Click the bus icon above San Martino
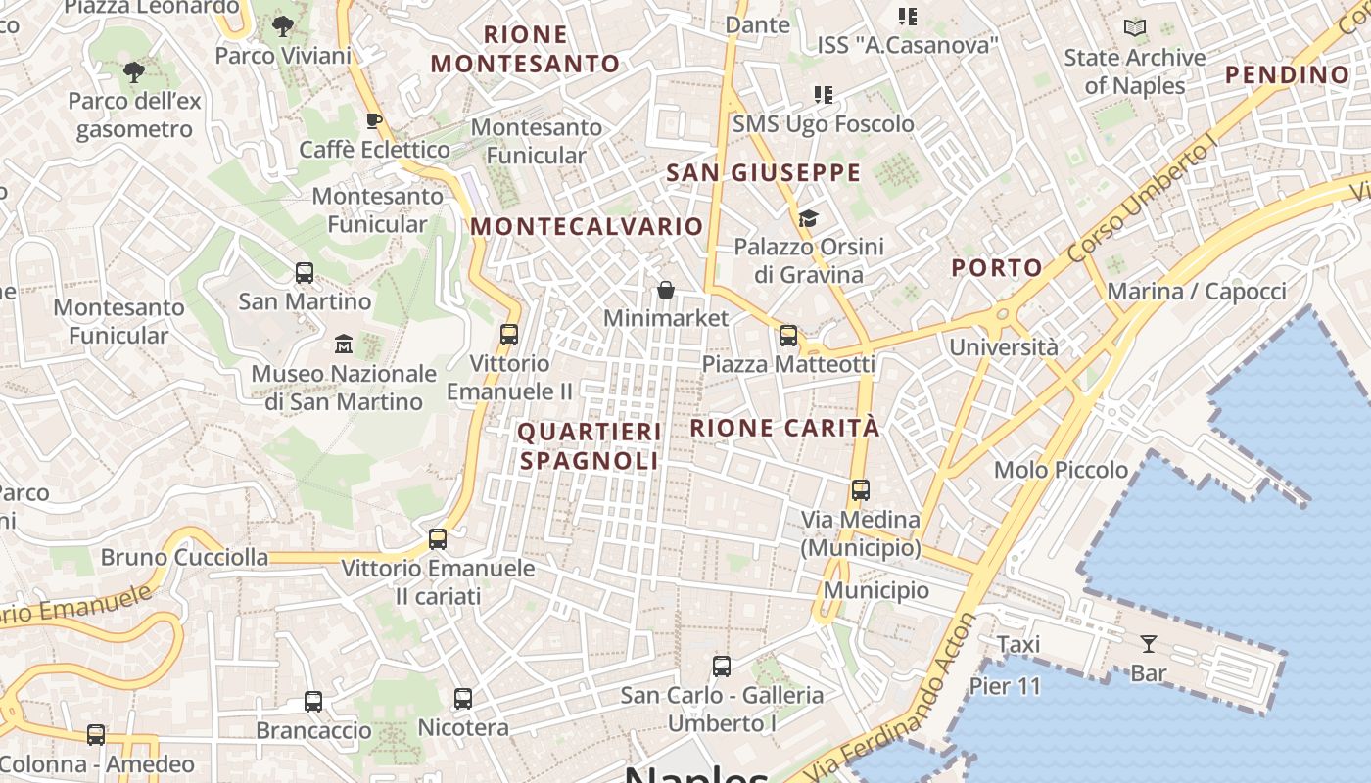305,273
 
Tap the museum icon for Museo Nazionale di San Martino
344,345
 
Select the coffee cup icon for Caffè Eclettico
373,121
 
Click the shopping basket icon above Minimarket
666,290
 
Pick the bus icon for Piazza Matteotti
788,336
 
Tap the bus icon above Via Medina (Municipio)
861,490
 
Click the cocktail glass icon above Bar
1149,644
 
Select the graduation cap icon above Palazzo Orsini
808,218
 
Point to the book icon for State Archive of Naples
1135,28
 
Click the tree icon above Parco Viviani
283,26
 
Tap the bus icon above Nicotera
463,699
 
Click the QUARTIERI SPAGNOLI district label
590,446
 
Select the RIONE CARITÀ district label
784,429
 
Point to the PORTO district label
997,268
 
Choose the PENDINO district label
1287,75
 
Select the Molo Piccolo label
1061,470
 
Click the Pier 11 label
1005,686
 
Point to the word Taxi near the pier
1018,645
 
